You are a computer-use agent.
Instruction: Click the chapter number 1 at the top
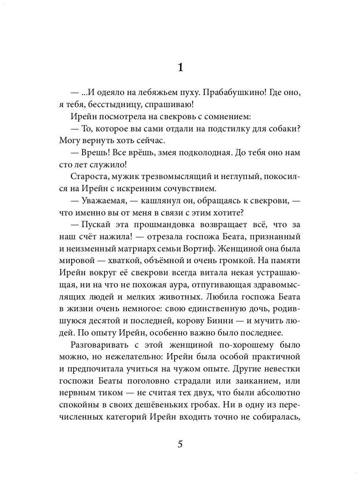(x=180, y=68)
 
